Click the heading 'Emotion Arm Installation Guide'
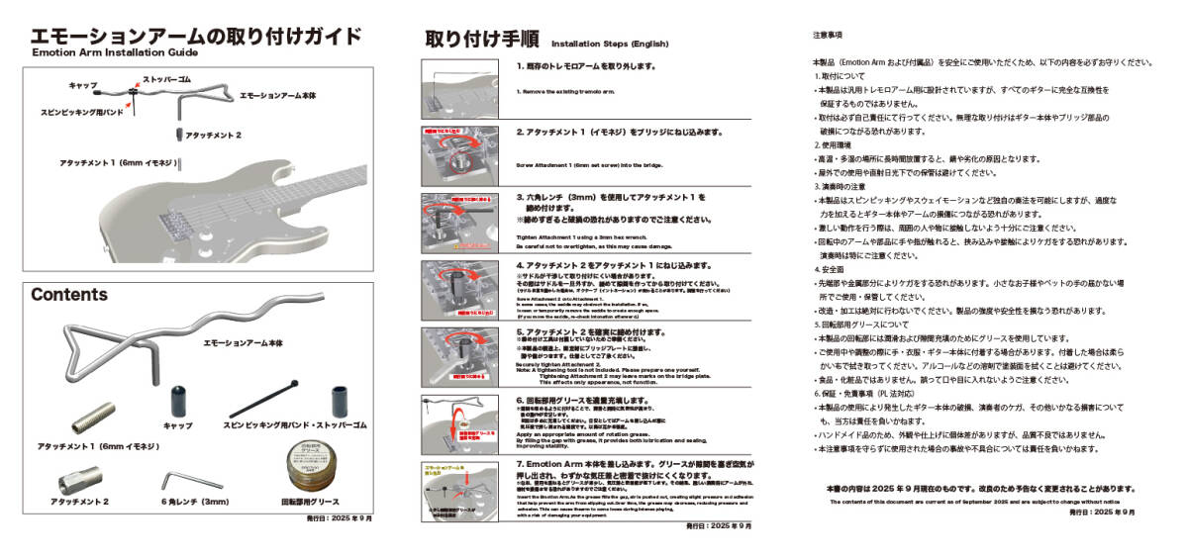pos(115,53)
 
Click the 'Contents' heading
pos(69,295)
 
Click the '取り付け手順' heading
pos(482,40)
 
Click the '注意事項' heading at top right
pos(827,35)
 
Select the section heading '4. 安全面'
pos(830,269)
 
